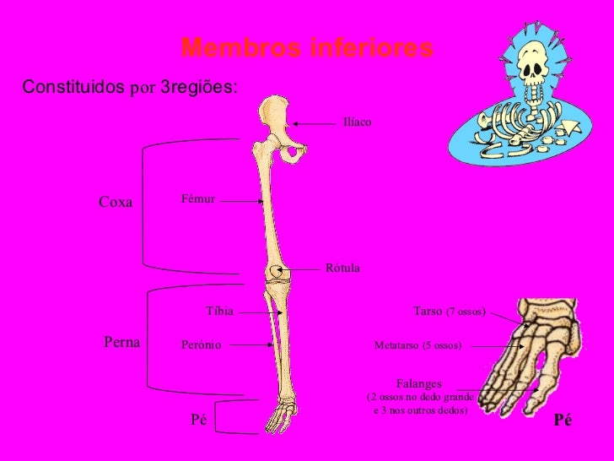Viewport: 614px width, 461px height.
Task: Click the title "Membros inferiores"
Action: (x=307, y=49)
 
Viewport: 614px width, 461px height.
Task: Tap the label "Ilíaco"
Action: (x=357, y=123)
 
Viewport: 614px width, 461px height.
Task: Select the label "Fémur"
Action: (x=199, y=199)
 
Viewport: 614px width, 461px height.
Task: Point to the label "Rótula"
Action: (x=342, y=268)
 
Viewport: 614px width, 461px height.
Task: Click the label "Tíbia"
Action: (x=219, y=311)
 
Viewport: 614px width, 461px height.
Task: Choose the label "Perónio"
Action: (x=201, y=344)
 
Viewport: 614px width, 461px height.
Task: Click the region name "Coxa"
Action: (x=116, y=203)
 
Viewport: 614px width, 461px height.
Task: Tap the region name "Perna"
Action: (x=121, y=341)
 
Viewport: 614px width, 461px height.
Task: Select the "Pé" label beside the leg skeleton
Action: (x=199, y=420)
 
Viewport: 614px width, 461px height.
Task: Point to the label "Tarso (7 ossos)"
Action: (x=450, y=312)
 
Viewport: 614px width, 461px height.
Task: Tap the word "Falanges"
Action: (x=419, y=383)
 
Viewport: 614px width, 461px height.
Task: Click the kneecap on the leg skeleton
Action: (x=275, y=273)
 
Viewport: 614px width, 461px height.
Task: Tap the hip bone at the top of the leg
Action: (x=277, y=118)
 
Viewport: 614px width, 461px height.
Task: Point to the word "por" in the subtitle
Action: (x=143, y=88)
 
